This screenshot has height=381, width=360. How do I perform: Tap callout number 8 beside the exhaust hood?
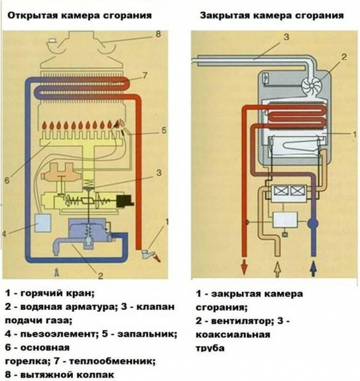[159, 35]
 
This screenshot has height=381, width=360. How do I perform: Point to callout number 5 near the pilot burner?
[163, 131]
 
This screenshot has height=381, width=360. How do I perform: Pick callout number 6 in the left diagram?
[7, 180]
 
